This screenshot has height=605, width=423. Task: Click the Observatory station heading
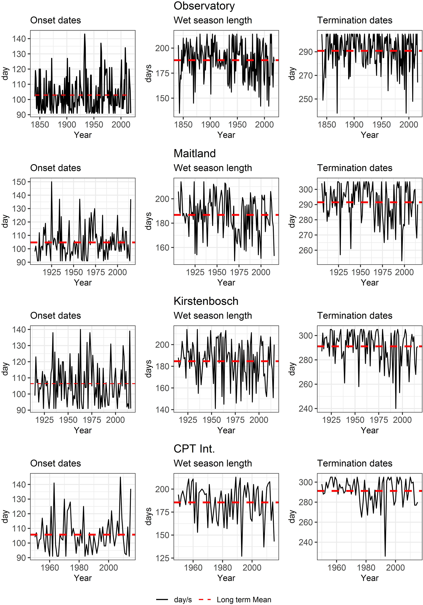204,6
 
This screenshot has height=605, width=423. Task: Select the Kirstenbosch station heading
206,301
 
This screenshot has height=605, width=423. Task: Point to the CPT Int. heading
194,449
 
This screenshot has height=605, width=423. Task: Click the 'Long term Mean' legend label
244,600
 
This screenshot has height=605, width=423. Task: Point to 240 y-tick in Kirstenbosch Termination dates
306,409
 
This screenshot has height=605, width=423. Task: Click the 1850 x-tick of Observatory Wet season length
183,125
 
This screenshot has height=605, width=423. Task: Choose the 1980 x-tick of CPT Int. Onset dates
79,567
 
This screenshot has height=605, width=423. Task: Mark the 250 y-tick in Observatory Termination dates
306,99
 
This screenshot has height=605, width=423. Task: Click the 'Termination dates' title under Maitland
354,168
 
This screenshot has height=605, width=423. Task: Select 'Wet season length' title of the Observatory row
213,20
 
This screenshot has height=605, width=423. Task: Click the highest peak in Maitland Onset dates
51,182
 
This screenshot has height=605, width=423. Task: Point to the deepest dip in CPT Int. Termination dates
385,556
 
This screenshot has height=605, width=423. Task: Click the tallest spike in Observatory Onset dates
85,34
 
